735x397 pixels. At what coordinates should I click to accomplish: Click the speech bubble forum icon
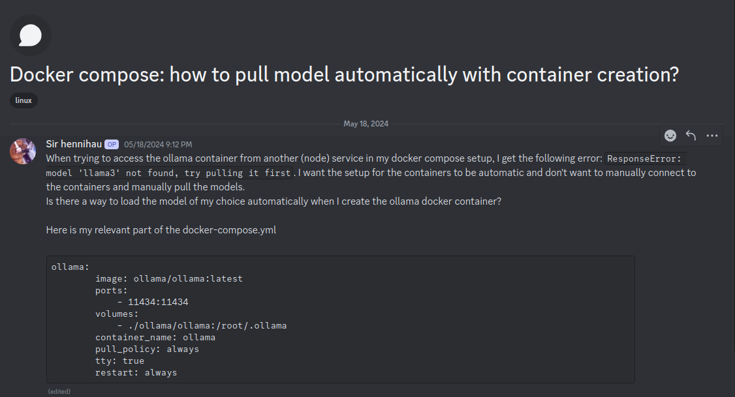tap(31, 35)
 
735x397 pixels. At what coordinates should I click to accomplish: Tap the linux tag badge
tap(23, 100)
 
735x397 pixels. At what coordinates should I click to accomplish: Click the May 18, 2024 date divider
tap(366, 124)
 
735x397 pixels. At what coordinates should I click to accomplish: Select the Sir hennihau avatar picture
tap(23, 151)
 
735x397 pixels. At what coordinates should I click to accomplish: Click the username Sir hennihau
tap(74, 144)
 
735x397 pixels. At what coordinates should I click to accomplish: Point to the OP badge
tap(112, 145)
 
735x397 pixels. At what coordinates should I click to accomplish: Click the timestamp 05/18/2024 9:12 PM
tap(158, 145)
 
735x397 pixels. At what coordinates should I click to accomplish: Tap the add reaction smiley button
tap(670, 136)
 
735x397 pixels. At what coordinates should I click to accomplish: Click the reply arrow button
tap(691, 136)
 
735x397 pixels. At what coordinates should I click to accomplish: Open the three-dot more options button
tap(712, 136)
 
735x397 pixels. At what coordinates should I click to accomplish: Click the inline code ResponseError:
tap(645, 159)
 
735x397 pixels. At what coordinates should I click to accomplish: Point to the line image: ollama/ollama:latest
tap(168, 278)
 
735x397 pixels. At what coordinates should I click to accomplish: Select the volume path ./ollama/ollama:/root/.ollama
tap(202, 325)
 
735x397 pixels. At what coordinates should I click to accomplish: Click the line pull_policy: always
tap(147, 349)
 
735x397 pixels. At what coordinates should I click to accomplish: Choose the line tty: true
tap(119, 360)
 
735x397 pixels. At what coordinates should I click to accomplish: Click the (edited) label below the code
tap(59, 391)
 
